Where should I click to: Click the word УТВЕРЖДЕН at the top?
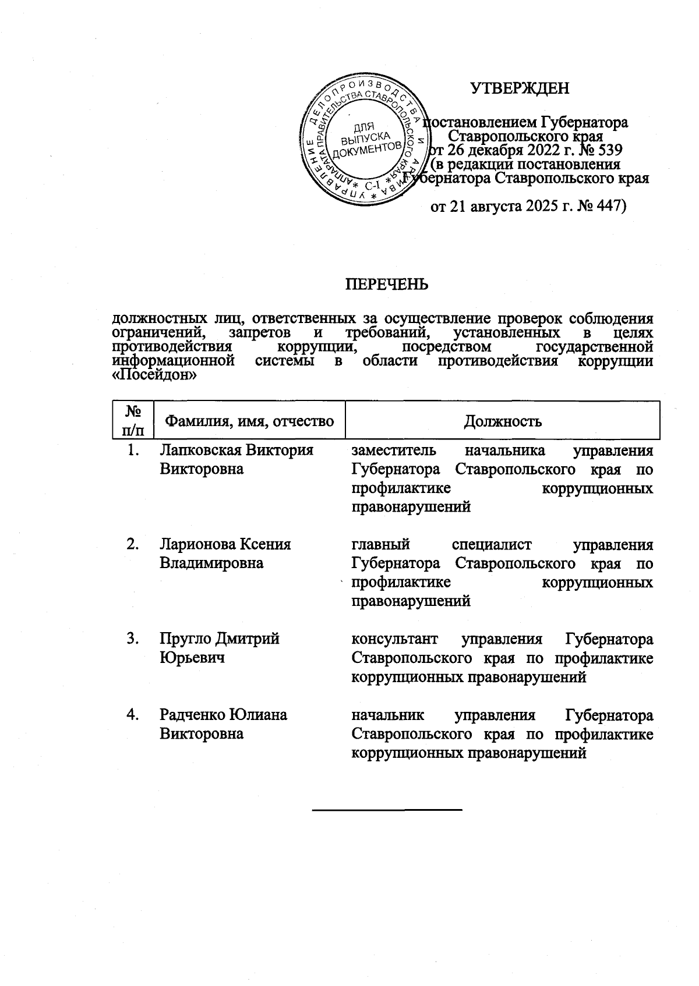(x=520, y=88)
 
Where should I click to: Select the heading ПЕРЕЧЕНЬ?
(x=387, y=284)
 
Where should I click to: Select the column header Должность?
(x=502, y=421)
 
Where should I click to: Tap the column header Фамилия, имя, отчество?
(x=250, y=421)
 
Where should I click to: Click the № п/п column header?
(x=133, y=420)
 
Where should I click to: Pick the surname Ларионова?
(x=196, y=545)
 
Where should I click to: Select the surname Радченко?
(x=193, y=715)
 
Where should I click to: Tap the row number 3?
(x=133, y=639)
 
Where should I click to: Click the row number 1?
(x=133, y=451)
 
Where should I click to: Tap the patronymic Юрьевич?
(x=192, y=658)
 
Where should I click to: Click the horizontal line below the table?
(x=387, y=810)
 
